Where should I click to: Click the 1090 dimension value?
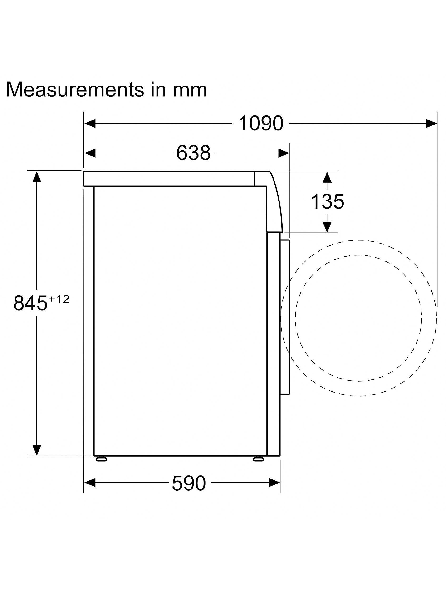tap(261, 124)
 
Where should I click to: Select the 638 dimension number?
tap(193, 153)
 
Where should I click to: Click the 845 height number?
tap(30, 303)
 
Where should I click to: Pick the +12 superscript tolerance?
tap(59, 299)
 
